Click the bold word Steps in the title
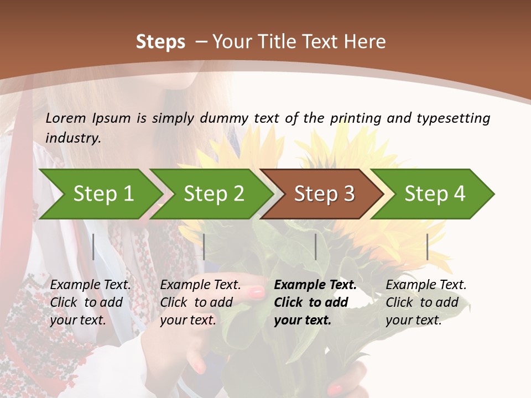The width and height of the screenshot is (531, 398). (x=160, y=42)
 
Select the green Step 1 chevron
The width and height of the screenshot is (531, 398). (x=100, y=194)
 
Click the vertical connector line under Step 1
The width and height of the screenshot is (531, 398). (x=93, y=247)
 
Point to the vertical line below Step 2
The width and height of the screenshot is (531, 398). (x=204, y=247)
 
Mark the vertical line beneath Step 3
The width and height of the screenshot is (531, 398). (x=315, y=247)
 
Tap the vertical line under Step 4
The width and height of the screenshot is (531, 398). (x=427, y=247)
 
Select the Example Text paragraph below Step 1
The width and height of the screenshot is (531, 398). (x=90, y=302)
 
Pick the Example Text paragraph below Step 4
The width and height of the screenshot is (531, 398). (x=426, y=302)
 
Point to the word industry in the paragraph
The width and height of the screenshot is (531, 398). (x=73, y=138)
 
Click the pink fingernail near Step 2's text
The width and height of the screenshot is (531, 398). (x=257, y=293)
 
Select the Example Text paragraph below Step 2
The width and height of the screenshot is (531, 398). (x=200, y=302)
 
